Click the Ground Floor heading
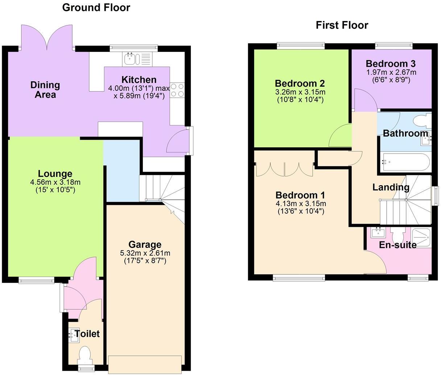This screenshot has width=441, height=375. (96, 7)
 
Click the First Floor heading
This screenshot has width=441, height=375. (342, 25)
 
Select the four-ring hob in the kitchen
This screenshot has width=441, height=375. (177, 90)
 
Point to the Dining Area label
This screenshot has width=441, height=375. (45, 90)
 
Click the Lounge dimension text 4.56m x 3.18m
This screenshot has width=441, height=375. (55, 182)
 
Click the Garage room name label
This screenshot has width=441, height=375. (145, 244)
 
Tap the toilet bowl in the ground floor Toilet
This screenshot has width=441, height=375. (85, 354)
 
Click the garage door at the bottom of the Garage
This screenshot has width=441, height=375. (144, 364)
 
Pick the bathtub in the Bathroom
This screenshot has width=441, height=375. (405, 162)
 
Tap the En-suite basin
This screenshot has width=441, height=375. (378, 232)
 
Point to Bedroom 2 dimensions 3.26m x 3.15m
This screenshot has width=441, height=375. (300, 92)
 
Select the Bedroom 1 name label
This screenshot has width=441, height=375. (300, 195)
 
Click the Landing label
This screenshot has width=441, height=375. (391, 187)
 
